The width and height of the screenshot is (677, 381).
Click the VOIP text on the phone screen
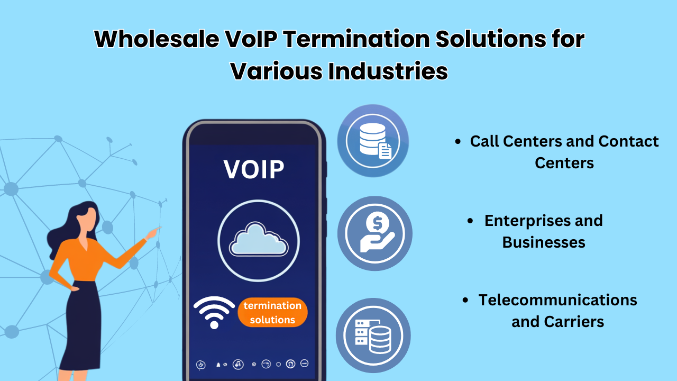coord(254,169)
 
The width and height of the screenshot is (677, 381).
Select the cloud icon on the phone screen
coord(258,241)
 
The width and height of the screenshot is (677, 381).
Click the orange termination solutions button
coord(272,312)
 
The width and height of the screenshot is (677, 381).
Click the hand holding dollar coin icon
coord(374,233)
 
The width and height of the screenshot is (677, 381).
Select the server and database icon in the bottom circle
coord(373,335)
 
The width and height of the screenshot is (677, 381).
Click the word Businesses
coord(543,242)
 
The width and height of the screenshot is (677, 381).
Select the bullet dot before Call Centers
coord(458,142)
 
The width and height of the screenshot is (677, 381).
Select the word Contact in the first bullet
coord(628,141)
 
